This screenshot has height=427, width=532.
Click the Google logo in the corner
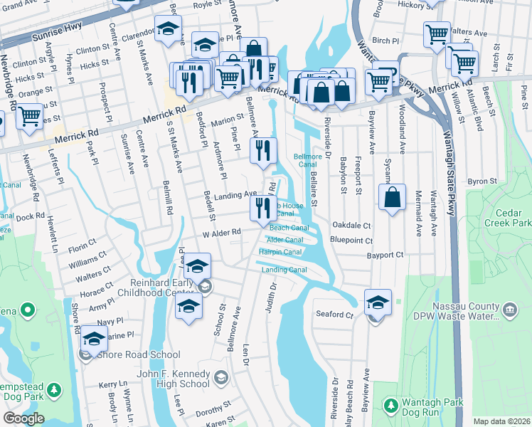[x=23, y=418]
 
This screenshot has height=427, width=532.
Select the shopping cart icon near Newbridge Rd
[x=29, y=116]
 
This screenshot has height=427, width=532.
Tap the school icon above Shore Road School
[x=94, y=339]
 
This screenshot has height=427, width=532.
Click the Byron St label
[x=482, y=181]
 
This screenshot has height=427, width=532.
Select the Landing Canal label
[x=284, y=270]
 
